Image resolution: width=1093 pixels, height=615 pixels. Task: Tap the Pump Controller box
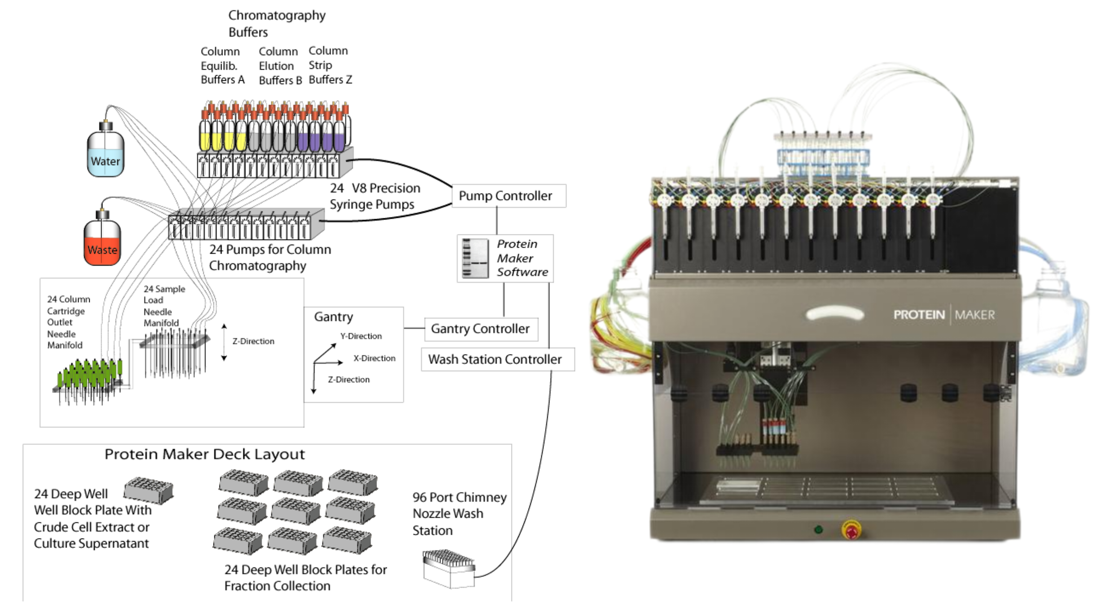point(509,196)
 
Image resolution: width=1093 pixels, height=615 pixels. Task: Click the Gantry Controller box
point(481,329)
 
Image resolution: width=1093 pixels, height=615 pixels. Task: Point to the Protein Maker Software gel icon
point(475,258)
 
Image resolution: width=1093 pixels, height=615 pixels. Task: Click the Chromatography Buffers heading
point(277,23)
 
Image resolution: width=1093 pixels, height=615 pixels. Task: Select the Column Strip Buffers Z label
point(330,65)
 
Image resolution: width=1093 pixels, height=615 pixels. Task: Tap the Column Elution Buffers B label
point(280,66)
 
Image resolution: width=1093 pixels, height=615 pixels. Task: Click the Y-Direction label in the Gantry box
point(361,336)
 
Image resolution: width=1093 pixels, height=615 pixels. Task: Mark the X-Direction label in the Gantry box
point(374,358)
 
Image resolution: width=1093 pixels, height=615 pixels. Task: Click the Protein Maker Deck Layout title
point(205,454)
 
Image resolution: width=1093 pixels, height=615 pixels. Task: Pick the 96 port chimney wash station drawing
point(449,568)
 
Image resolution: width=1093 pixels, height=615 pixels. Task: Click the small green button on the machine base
point(818,530)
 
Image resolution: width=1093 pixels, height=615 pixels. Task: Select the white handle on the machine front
point(834,314)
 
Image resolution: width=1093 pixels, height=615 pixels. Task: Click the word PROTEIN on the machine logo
point(919,315)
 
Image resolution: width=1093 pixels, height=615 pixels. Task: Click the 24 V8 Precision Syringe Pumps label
point(374,196)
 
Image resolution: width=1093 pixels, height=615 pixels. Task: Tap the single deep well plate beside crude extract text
point(149,490)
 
